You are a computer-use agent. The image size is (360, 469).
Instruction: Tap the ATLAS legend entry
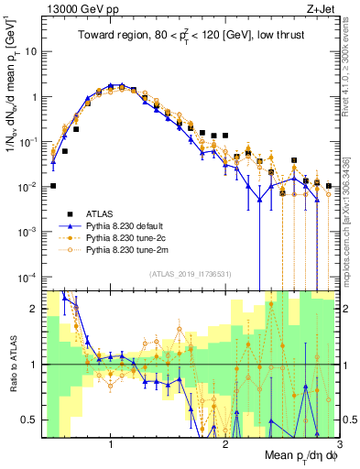click(x=106, y=212)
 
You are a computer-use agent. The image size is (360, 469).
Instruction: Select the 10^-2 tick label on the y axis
click(x=27, y=187)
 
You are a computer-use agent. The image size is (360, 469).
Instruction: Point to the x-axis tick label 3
click(x=339, y=444)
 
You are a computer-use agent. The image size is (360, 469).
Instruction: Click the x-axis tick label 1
click(x=111, y=444)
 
